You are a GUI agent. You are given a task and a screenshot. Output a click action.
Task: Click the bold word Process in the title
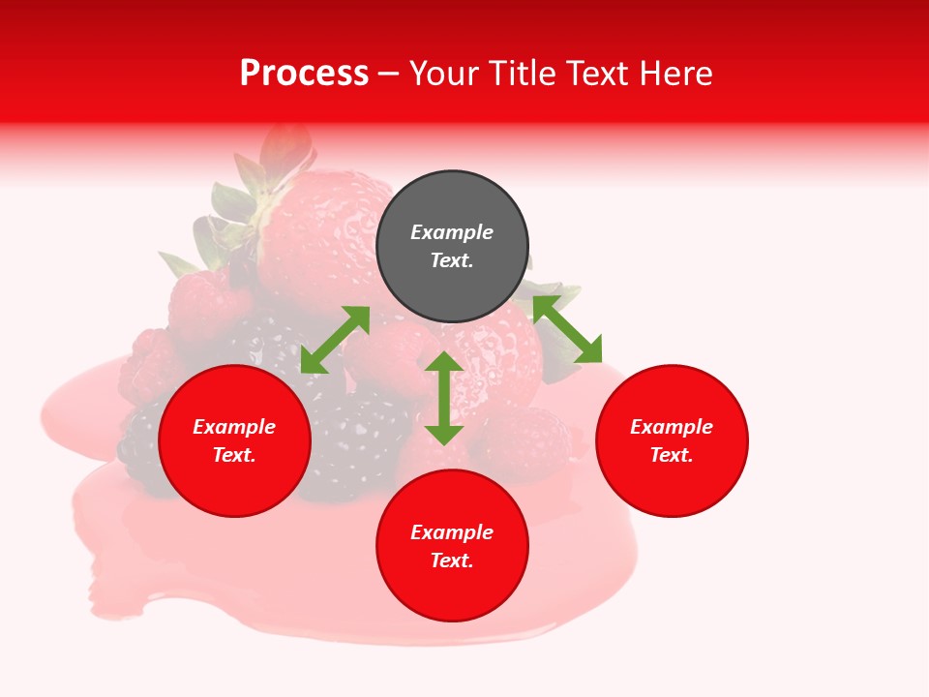304,74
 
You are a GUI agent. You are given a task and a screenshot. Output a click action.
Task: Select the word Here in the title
676,74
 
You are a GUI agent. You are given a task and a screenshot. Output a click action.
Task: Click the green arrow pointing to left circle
335,340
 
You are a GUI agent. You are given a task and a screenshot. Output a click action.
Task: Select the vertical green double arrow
444,398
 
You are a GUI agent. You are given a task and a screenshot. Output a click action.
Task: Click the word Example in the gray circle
452,232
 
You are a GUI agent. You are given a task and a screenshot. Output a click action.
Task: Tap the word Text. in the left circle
234,455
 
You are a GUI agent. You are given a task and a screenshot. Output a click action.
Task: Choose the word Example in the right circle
672,427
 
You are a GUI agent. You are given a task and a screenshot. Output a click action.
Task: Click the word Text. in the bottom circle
452,561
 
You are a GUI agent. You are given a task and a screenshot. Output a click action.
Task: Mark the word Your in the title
441,74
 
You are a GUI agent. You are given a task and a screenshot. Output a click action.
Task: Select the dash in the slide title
389,75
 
